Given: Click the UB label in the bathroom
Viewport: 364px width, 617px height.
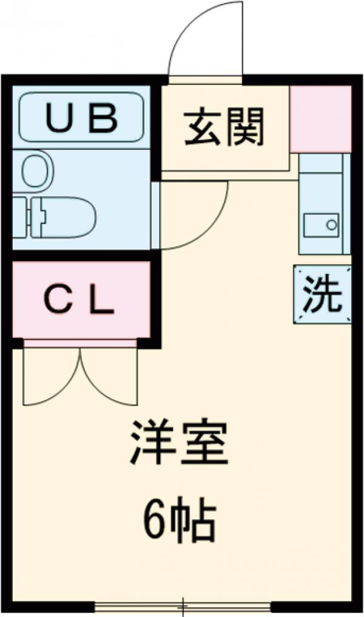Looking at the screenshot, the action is [81, 117].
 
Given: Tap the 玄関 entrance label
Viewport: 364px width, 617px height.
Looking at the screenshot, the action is [224, 127].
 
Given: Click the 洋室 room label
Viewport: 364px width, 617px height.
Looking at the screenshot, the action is [180, 442].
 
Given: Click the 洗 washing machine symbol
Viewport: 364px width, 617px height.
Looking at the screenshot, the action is [322, 295].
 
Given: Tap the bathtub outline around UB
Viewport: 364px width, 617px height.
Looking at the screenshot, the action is [81, 117].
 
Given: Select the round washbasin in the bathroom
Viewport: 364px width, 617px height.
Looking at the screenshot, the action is [37, 171].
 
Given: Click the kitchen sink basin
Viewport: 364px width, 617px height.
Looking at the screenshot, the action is [322, 225].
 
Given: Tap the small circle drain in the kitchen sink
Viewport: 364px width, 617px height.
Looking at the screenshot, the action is [332, 225].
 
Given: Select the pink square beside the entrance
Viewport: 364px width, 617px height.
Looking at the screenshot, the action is [320, 119].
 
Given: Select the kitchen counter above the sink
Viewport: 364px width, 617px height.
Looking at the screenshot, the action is [322, 181].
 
